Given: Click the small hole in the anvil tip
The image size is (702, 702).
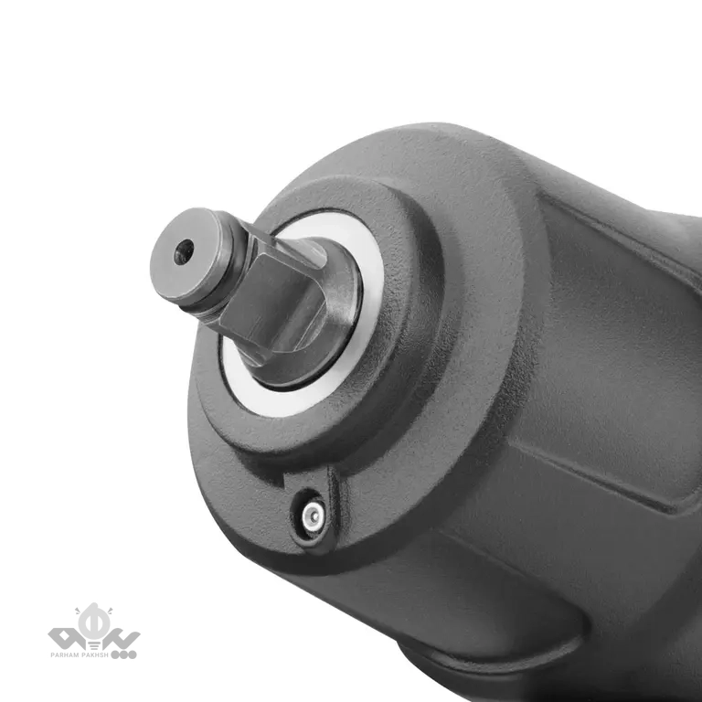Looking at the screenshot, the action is point(184,252).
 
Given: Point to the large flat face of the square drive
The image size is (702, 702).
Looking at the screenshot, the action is point(272,303).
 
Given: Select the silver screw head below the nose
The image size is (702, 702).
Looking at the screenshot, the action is point(313,516).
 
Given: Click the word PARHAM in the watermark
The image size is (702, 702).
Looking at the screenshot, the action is point(65,655).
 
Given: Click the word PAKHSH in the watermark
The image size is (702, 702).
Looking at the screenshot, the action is point(95,655).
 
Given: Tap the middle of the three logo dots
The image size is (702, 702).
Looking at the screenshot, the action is point(123,654).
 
